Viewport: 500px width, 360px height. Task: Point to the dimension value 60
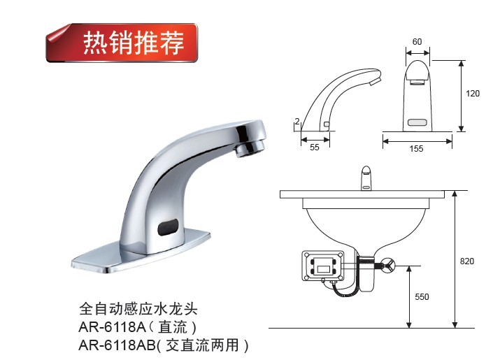(x=417, y=42)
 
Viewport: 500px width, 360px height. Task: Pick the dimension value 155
(x=417, y=147)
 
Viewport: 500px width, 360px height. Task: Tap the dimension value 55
(x=314, y=147)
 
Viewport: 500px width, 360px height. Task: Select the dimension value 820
(x=467, y=261)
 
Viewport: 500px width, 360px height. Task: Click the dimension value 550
(x=422, y=296)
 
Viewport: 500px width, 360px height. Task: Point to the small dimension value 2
(x=297, y=122)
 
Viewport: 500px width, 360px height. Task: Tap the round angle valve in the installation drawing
(x=389, y=265)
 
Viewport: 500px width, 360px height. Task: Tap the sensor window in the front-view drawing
(x=417, y=122)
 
